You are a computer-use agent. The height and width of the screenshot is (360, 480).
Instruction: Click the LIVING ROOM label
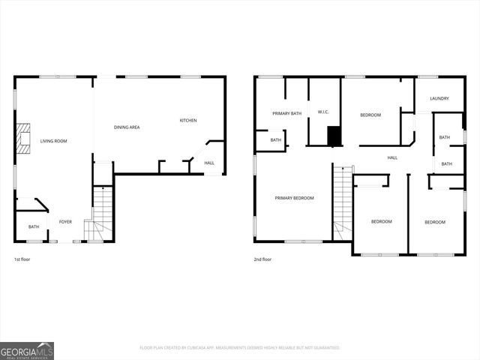tap(53, 141)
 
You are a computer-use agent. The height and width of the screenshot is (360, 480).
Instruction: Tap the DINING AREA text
tap(127, 127)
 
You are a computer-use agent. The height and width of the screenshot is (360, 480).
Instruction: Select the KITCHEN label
tap(187, 121)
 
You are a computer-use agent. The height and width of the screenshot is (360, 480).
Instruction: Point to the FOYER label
tap(66, 222)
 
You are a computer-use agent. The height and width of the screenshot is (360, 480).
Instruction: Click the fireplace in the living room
tap(24, 138)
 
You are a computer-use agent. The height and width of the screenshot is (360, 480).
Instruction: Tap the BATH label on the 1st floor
tap(34, 226)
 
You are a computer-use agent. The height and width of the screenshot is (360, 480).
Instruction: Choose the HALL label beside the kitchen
tap(209, 163)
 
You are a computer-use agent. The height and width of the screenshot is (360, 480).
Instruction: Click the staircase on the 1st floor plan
tap(100, 213)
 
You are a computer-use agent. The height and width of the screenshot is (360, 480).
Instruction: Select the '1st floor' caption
tap(23, 259)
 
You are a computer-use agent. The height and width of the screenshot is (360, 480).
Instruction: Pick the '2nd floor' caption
tap(263, 259)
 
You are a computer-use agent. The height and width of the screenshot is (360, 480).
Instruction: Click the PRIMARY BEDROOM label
tap(294, 198)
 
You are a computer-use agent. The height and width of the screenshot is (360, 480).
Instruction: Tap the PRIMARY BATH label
tap(286, 113)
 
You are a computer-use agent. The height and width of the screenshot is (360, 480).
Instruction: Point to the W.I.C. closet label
tap(324, 112)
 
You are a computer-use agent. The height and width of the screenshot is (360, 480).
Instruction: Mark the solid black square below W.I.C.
tap(334, 136)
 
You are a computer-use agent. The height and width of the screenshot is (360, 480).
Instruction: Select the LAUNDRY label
tap(439, 98)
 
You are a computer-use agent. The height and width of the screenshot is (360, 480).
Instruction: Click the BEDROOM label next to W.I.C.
tap(370, 115)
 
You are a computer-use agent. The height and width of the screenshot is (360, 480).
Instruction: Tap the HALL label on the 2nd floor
tap(392, 157)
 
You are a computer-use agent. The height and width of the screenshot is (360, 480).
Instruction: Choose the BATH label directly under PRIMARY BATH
tap(276, 139)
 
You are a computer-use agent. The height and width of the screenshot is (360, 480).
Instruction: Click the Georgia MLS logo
tap(27, 350)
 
